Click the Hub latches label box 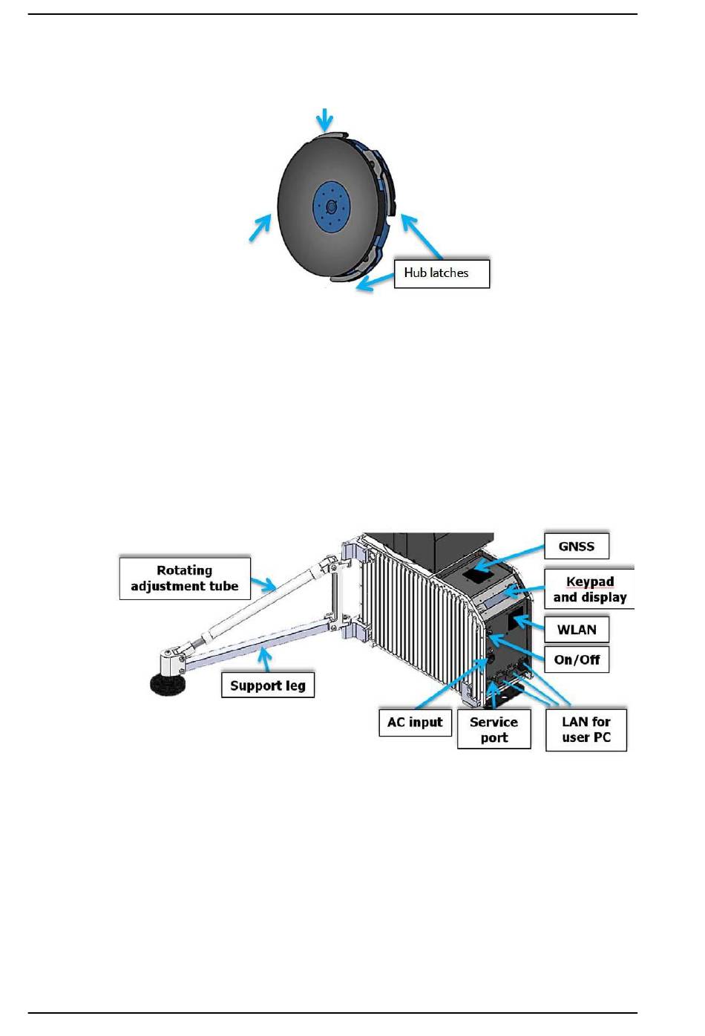[x=442, y=273]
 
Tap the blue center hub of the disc [x=331, y=205]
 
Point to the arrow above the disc [x=324, y=119]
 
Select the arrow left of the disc [x=260, y=227]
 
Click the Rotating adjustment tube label [x=185, y=578]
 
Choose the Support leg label [x=268, y=685]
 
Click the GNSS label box [x=577, y=547]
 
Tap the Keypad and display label [x=590, y=590]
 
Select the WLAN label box [x=577, y=630]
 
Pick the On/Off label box [x=577, y=659]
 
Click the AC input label [x=415, y=722]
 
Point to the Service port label [x=493, y=729]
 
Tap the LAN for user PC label [x=586, y=729]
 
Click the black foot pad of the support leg [x=167, y=683]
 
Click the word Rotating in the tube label [x=184, y=570]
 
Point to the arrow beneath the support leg [x=263, y=659]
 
